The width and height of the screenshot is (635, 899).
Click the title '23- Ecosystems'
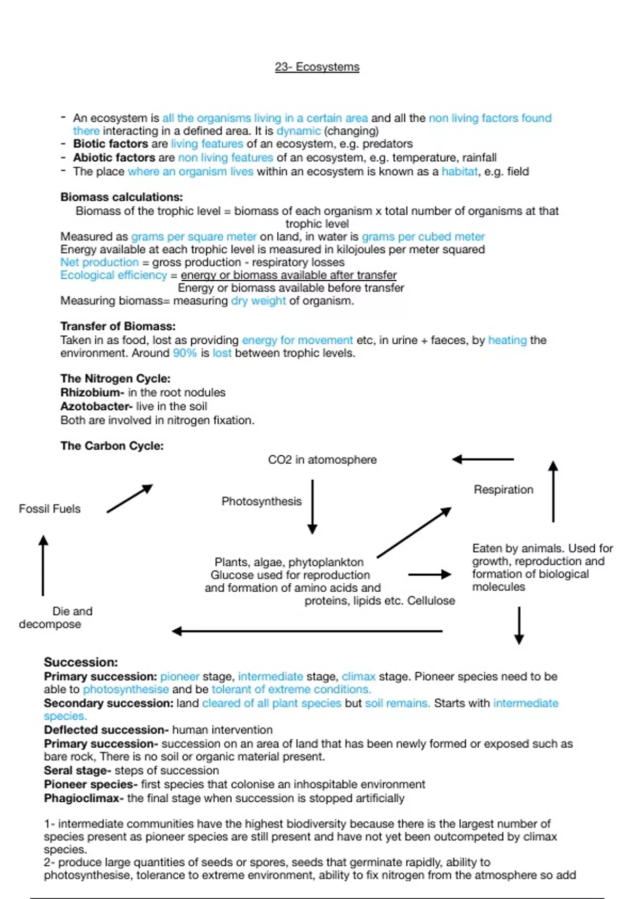(x=317, y=67)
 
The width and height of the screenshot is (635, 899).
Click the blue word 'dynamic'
(x=298, y=131)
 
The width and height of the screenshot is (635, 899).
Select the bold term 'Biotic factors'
(x=111, y=144)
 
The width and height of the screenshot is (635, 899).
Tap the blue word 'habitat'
(x=459, y=171)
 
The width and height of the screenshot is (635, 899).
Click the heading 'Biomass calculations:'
(x=121, y=197)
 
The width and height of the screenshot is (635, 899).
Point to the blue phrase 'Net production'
(x=99, y=262)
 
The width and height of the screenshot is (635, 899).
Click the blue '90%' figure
(x=185, y=353)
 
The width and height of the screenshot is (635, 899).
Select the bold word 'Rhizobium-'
(x=92, y=392)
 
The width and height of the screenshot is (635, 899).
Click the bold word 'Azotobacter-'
(x=96, y=406)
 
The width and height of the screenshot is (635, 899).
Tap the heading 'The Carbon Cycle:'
(x=112, y=446)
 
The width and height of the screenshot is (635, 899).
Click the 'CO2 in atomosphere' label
(x=322, y=460)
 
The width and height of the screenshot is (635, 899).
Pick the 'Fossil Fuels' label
(x=50, y=509)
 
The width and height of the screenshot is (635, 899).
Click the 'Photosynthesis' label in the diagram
(x=261, y=501)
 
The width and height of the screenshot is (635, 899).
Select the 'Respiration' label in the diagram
(x=503, y=490)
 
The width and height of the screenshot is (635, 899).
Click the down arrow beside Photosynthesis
(x=312, y=506)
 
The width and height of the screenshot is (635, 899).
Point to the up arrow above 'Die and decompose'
(x=43, y=565)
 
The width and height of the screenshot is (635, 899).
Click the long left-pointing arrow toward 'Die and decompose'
(x=307, y=631)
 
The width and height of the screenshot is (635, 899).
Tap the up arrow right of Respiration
(x=553, y=491)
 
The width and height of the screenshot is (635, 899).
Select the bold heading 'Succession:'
(x=80, y=662)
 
